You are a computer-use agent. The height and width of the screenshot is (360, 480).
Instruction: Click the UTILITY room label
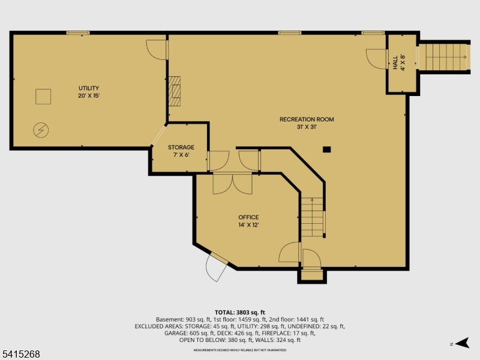click(x=88, y=88)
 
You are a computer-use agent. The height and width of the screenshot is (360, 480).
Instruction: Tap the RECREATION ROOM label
click(x=306, y=119)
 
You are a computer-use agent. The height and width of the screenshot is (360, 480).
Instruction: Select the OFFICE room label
click(x=248, y=217)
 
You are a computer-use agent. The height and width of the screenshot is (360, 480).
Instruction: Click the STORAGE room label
click(x=181, y=147)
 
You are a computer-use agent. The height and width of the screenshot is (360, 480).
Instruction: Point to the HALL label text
click(x=395, y=62)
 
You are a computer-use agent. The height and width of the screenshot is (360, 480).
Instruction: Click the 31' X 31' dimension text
click(x=306, y=127)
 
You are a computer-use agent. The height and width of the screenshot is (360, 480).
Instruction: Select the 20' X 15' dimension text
click(x=88, y=96)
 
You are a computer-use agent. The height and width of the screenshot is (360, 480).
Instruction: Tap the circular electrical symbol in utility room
click(x=41, y=129)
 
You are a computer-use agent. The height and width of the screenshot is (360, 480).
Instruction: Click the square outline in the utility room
click(x=43, y=97)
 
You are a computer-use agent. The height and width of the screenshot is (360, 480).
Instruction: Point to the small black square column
click(x=326, y=149)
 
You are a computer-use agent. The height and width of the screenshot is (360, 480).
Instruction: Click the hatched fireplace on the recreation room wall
click(x=174, y=91)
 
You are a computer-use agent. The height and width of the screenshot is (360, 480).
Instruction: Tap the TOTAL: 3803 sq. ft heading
click(x=240, y=313)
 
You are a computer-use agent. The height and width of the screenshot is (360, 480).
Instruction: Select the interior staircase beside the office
click(x=313, y=217)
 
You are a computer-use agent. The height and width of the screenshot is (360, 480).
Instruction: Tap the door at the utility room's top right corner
click(x=157, y=50)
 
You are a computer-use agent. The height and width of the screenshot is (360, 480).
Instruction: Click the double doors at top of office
click(x=233, y=183)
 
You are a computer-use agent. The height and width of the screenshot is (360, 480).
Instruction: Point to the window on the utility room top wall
click(x=78, y=32)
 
